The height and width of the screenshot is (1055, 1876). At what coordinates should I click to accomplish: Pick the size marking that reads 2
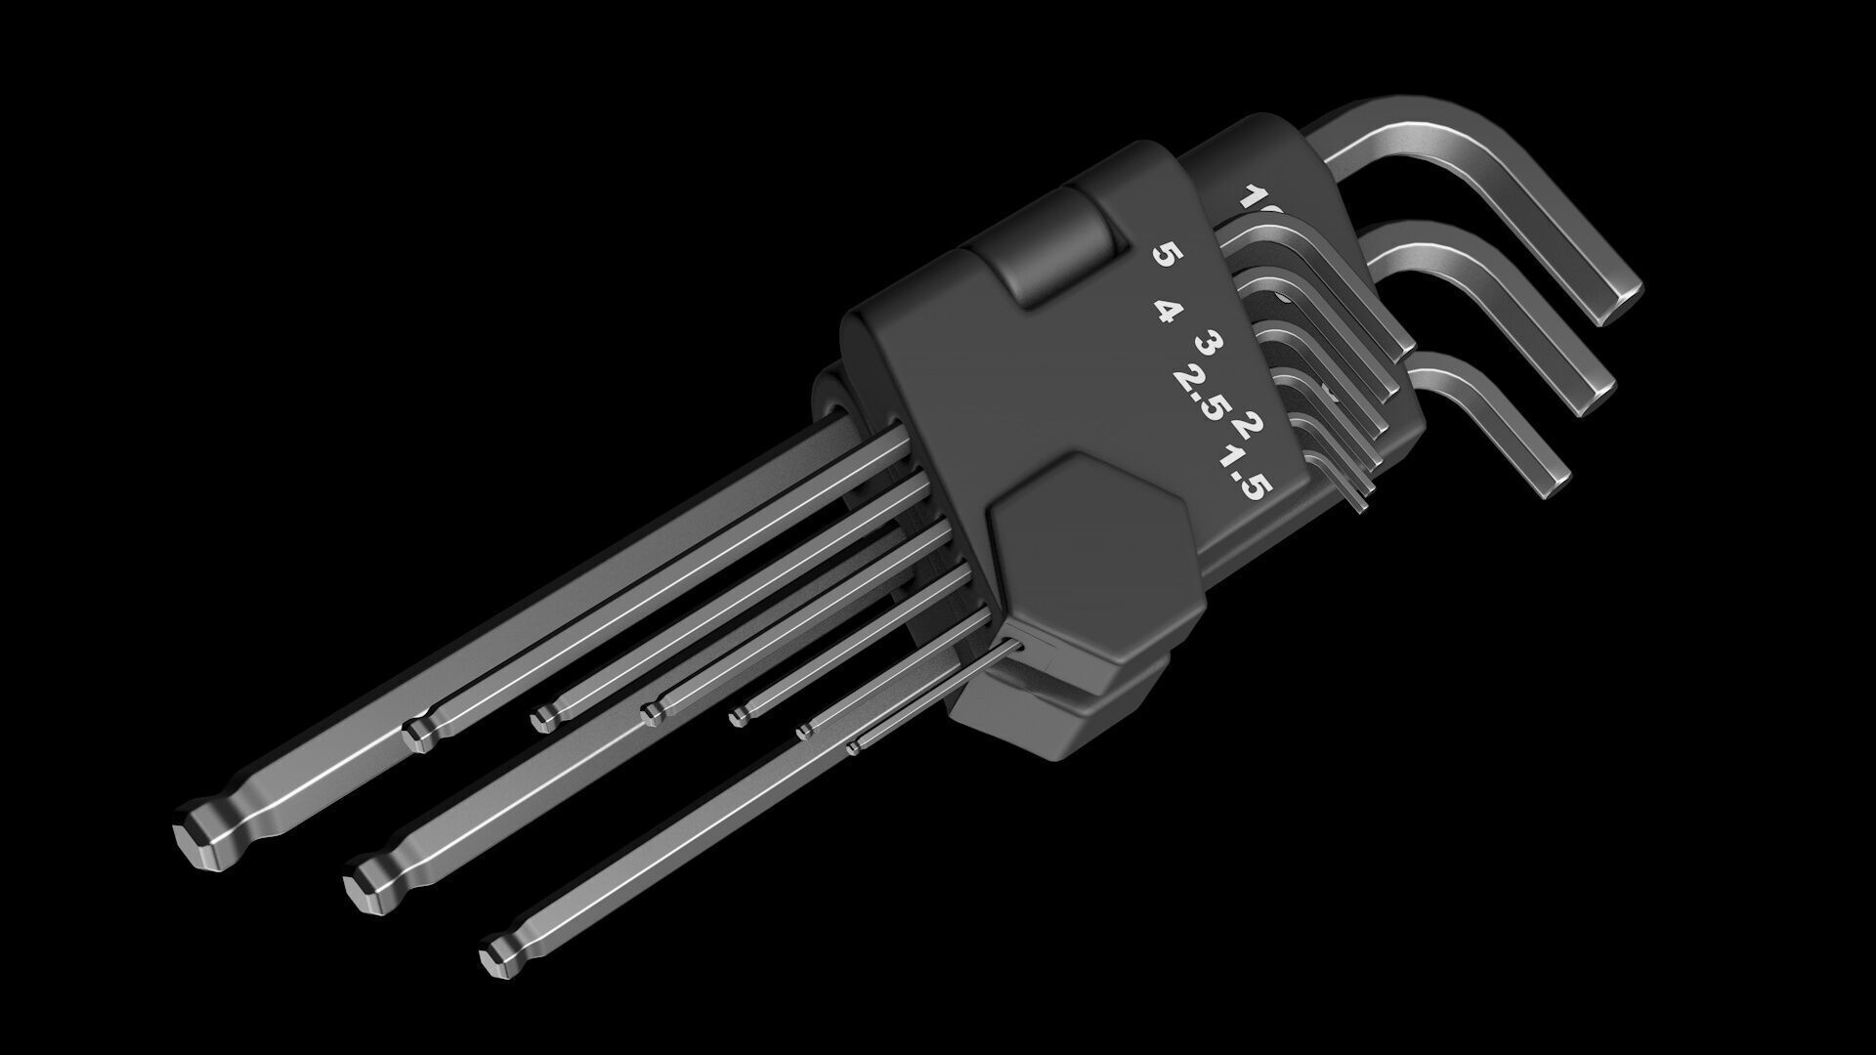tap(1249, 425)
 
